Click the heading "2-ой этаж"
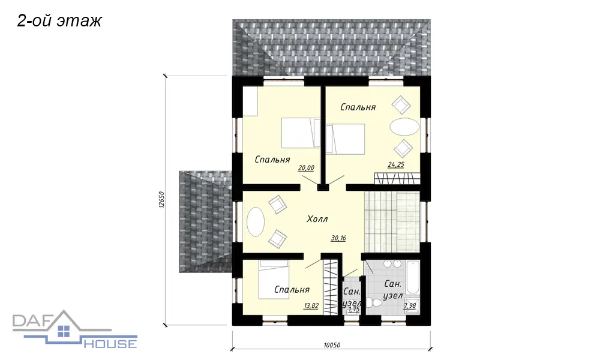(x=59, y=22)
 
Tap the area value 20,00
(x=306, y=167)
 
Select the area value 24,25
(x=396, y=164)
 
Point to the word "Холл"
(x=317, y=219)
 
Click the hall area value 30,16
(x=338, y=238)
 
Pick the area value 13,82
(x=311, y=306)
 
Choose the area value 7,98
(x=410, y=305)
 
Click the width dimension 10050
(x=332, y=344)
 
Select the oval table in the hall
(x=256, y=222)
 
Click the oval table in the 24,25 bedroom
(x=404, y=127)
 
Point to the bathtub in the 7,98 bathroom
(x=413, y=277)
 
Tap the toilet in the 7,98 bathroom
(x=374, y=303)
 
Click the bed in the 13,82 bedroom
(x=274, y=280)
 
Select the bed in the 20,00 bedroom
(x=301, y=133)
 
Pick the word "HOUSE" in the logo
(x=110, y=343)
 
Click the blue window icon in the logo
(x=64, y=331)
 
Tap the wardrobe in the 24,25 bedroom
(x=397, y=178)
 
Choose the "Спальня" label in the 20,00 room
(x=272, y=159)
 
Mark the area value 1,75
(x=354, y=309)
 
